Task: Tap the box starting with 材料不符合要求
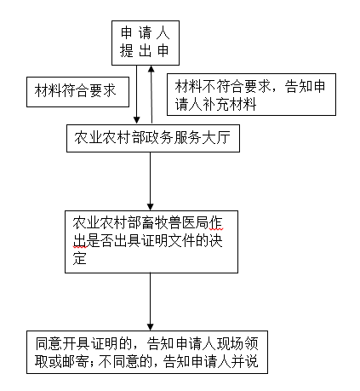point(252,95)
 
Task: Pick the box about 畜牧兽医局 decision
point(151,242)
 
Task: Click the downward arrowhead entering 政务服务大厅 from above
point(138,122)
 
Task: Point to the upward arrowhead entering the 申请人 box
point(152,70)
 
